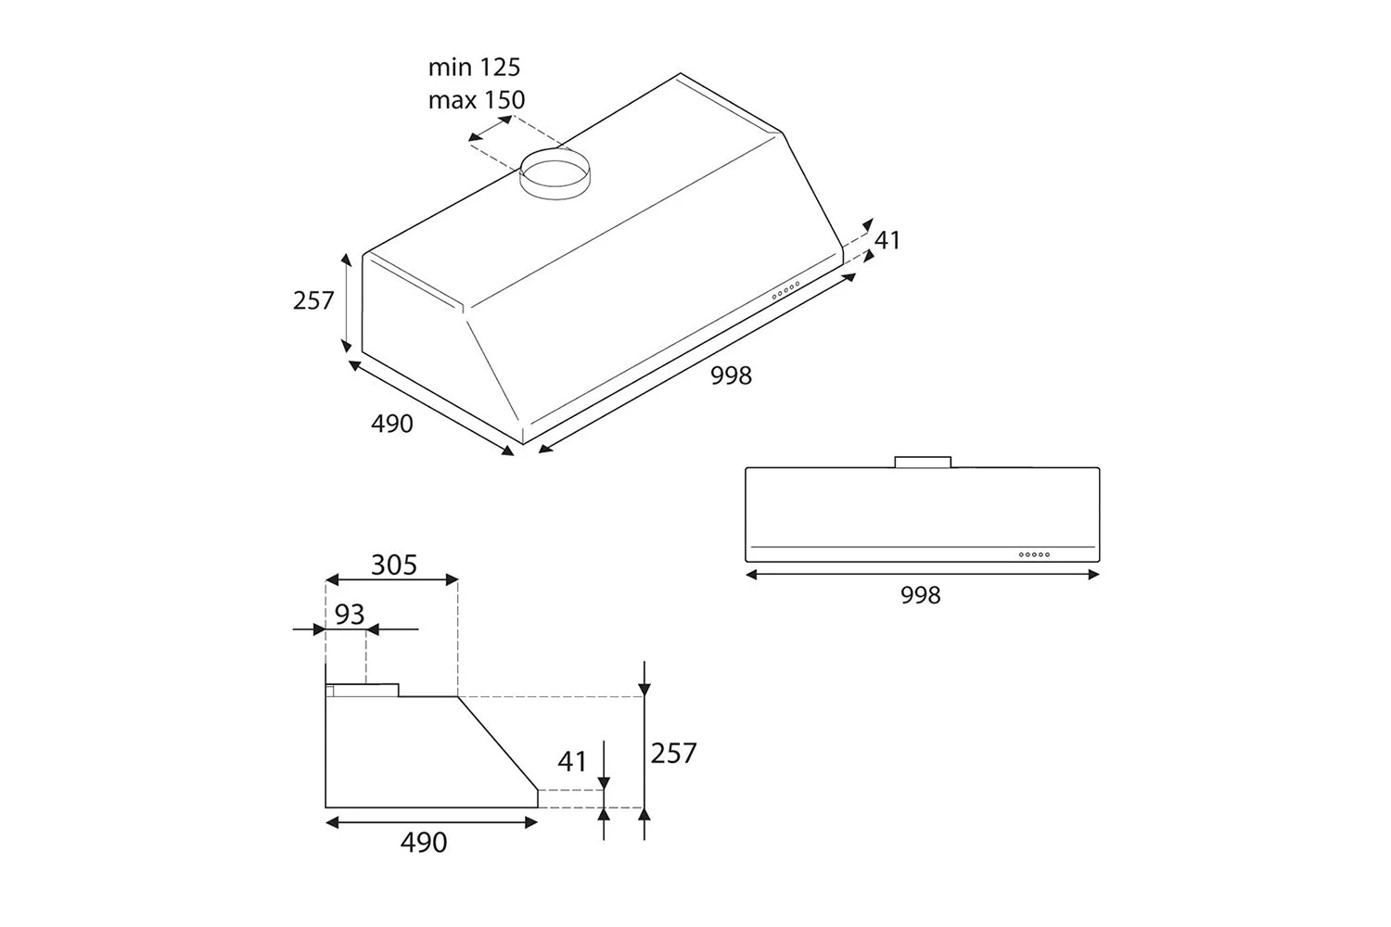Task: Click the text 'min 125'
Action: pyautogui.click(x=474, y=68)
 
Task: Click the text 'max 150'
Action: pyautogui.click(x=477, y=100)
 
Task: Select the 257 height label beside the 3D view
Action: pyautogui.click(x=313, y=300)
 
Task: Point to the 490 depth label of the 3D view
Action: pyautogui.click(x=392, y=424)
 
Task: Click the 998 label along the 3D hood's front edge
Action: pyautogui.click(x=731, y=375)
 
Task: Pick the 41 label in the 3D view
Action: pyautogui.click(x=887, y=240)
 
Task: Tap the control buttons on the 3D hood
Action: pyautogui.click(x=785, y=290)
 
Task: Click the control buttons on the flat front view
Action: pyautogui.click(x=1034, y=554)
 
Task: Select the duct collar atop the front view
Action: pyautogui.click(x=923, y=462)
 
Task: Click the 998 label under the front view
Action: pyautogui.click(x=921, y=595)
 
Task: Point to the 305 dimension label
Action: pyautogui.click(x=394, y=565)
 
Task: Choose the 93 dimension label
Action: pyautogui.click(x=350, y=614)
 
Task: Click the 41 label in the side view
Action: pyautogui.click(x=572, y=761)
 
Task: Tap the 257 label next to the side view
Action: pyautogui.click(x=673, y=753)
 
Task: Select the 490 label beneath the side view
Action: pyautogui.click(x=424, y=842)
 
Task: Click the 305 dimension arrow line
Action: pyautogui.click(x=391, y=580)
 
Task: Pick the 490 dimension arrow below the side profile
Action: pyautogui.click(x=431, y=822)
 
